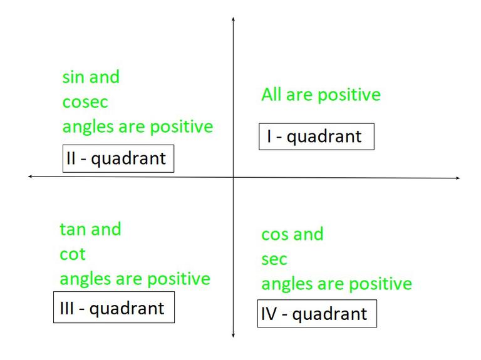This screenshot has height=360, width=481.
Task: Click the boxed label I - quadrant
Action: [316, 136]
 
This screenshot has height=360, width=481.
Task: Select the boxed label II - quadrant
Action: [118, 159]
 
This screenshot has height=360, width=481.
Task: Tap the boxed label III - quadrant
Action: [113, 309]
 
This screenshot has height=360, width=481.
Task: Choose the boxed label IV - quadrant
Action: [318, 313]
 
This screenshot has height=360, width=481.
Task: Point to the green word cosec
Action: [85, 103]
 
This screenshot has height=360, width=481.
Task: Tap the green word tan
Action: [72, 229]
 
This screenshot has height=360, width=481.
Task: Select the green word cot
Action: [72, 254]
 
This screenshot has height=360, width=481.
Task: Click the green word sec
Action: [274, 260]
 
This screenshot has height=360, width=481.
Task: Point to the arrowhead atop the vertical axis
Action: [233, 20]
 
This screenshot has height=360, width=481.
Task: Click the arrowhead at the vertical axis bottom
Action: [233, 336]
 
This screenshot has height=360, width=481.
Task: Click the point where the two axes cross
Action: [233, 177]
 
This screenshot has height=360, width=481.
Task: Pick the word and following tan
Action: [106, 229]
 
